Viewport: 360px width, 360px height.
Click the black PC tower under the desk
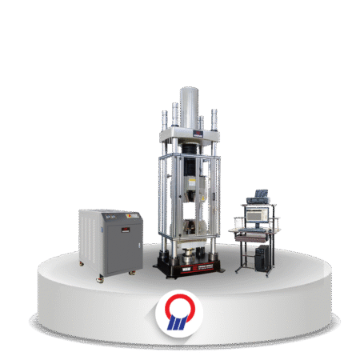262,257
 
